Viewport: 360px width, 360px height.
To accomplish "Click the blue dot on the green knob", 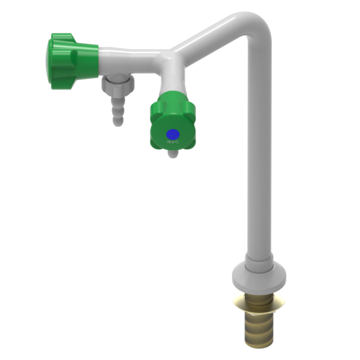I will [x=172, y=134].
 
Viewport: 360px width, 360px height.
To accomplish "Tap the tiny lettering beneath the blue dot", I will [x=171, y=145].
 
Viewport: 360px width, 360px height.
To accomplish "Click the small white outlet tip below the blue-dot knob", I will [x=172, y=155].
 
